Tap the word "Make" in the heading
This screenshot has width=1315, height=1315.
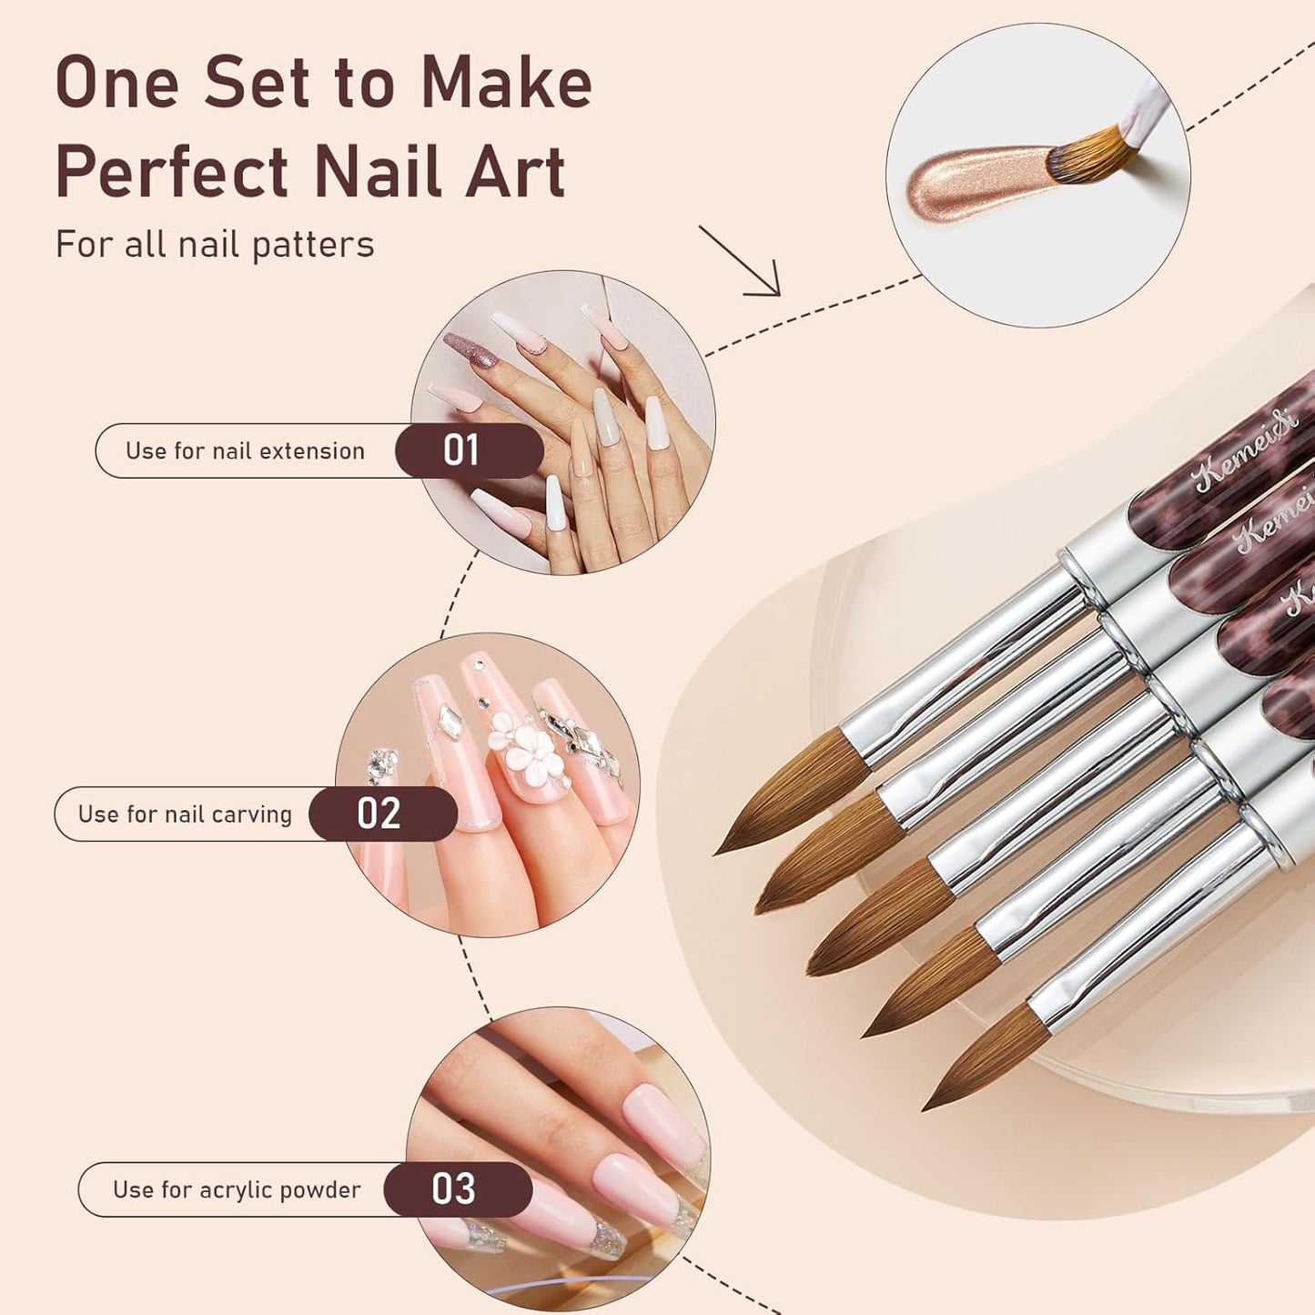click(x=506, y=84)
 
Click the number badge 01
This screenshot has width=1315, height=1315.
click(x=461, y=450)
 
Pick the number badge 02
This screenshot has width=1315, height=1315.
click(x=379, y=814)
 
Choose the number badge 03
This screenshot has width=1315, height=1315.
click(x=453, y=1189)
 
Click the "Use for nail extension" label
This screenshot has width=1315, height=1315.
click(x=245, y=450)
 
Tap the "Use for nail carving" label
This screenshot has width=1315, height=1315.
click(x=185, y=814)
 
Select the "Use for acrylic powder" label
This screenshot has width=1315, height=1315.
click(x=237, y=1189)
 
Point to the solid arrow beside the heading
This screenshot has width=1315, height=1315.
click(x=742, y=261)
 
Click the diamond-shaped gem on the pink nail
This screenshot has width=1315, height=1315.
click(x=449, y=722)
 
